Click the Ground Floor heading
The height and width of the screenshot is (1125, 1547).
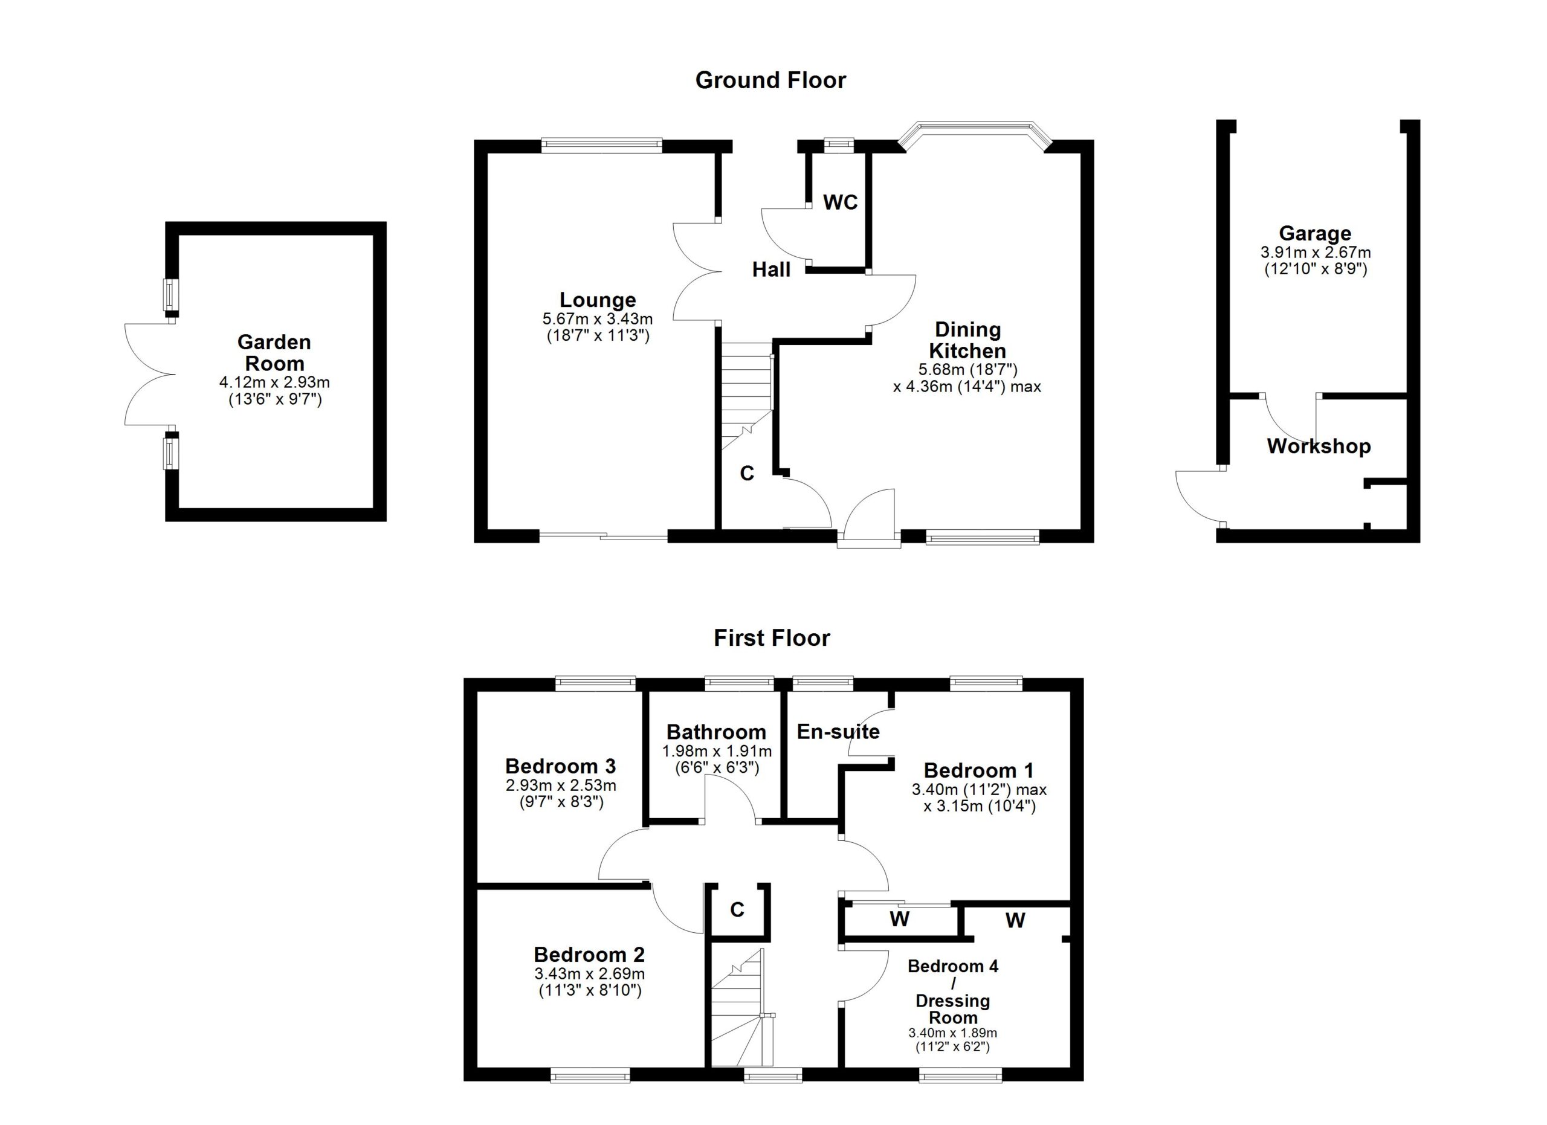pos(770,80)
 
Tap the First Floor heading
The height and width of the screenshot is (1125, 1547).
pos(772,638)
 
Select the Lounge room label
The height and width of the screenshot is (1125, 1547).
pos(598,300)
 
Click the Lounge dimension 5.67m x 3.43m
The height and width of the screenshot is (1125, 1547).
pos(598,319)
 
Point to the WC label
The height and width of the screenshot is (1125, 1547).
pos(839,202)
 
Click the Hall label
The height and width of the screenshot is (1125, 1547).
pos(770,270)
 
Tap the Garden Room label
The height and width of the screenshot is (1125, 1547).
pos(274,352)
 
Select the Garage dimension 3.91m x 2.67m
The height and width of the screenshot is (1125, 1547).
pos(1315,253)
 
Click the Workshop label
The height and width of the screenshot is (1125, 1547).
pos(1319,446)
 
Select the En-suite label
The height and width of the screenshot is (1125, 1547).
pos(838,732)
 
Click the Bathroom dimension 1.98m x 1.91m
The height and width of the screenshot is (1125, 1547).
pos(716,752)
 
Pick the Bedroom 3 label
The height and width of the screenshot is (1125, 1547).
pos(560,766)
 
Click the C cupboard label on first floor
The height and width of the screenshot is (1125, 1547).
pos(737,909)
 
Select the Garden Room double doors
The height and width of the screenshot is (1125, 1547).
pos(149,375)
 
